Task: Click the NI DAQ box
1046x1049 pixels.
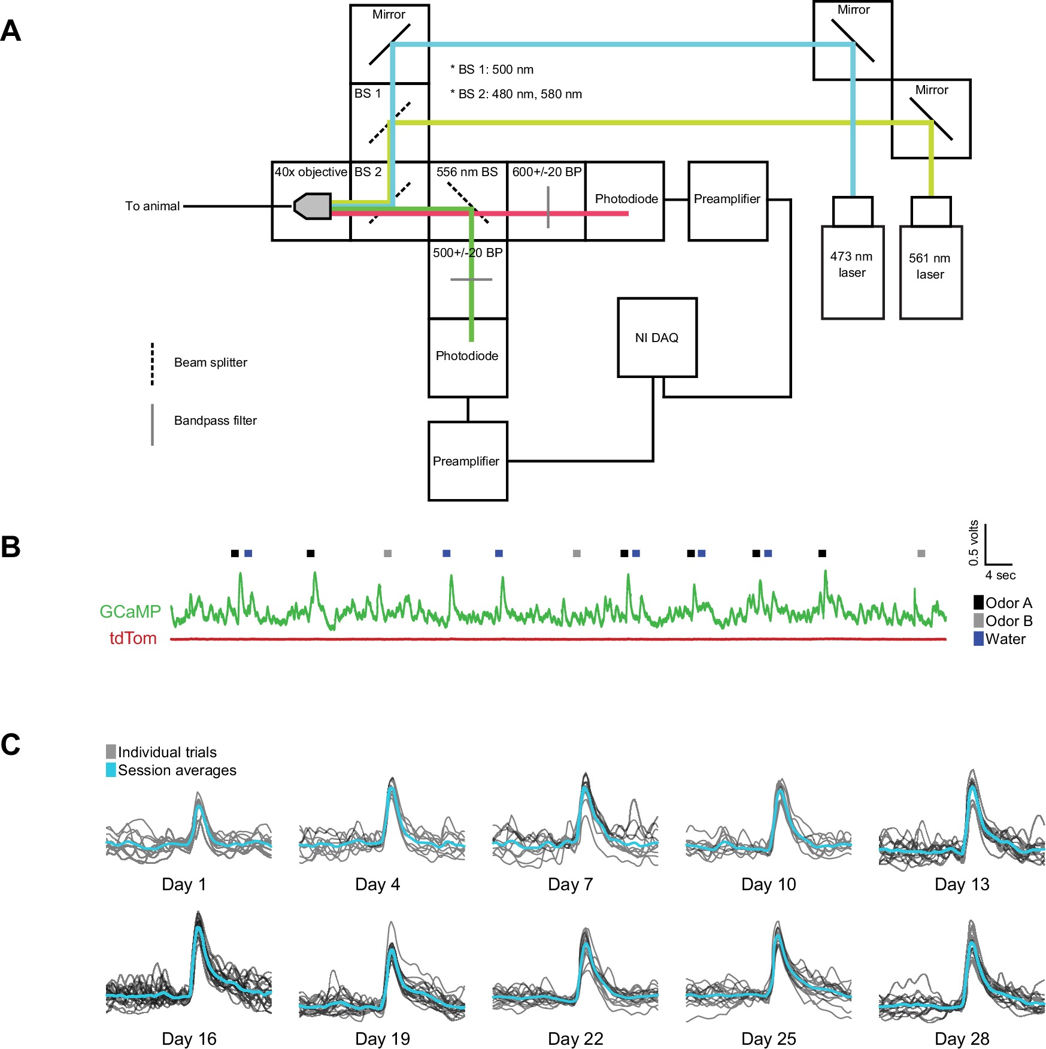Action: click(x=657, y=337)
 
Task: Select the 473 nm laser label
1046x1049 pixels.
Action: click(x=851, y=264)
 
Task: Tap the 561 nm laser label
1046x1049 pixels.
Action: click(x=929, y=266)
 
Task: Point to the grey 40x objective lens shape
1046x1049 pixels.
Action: click(x=313, y=206)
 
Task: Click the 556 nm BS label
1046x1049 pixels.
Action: click(x=467, y=172)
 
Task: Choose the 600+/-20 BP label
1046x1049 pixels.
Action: click(x=547, y=172)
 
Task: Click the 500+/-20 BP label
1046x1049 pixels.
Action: click(x=468, y=253)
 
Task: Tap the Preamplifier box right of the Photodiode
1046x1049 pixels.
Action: click(x=727, y=199)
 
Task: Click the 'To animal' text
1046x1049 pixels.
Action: click(x=152, y=206)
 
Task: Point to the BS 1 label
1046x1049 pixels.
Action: click(x=368, y=93)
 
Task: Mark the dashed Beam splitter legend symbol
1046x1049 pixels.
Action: click(x=152, y=364)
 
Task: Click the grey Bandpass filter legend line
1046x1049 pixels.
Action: click(x=152, y=424)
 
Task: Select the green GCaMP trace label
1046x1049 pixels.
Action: click(x=130, y=612)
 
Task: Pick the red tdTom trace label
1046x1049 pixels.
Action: click(x=133, y=639)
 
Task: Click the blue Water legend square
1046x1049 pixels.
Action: click(x=978, y=639)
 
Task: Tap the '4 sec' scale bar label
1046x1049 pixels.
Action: click(x=1000, y=575)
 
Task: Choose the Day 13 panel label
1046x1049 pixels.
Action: click(x=962, y=884)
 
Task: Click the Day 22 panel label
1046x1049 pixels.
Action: click(x=575, y=1039)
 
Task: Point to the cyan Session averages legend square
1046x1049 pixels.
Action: click(x=111, y=770)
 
